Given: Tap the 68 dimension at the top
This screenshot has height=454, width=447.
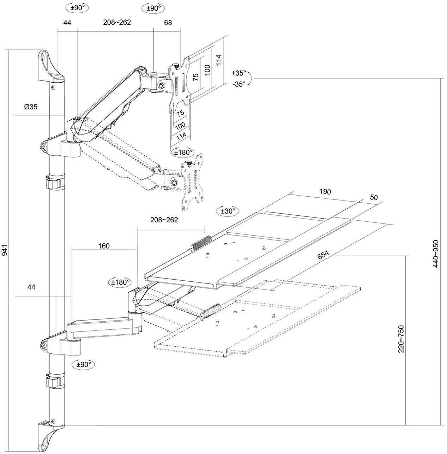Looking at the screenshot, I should pos(168,23).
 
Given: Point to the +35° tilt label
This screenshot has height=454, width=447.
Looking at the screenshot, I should pos(238,73).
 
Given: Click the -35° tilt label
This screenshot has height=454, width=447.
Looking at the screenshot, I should pos(238,84).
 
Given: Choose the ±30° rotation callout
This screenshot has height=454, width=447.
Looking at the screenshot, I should pos(228,211).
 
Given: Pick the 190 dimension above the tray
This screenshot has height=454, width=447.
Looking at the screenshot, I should pos(325,192).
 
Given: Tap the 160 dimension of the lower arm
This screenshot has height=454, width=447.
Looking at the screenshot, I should pos(104,246).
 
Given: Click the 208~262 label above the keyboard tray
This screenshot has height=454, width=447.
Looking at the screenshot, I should pos(164,220).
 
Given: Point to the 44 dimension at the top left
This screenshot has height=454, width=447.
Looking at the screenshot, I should pos(67,23).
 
